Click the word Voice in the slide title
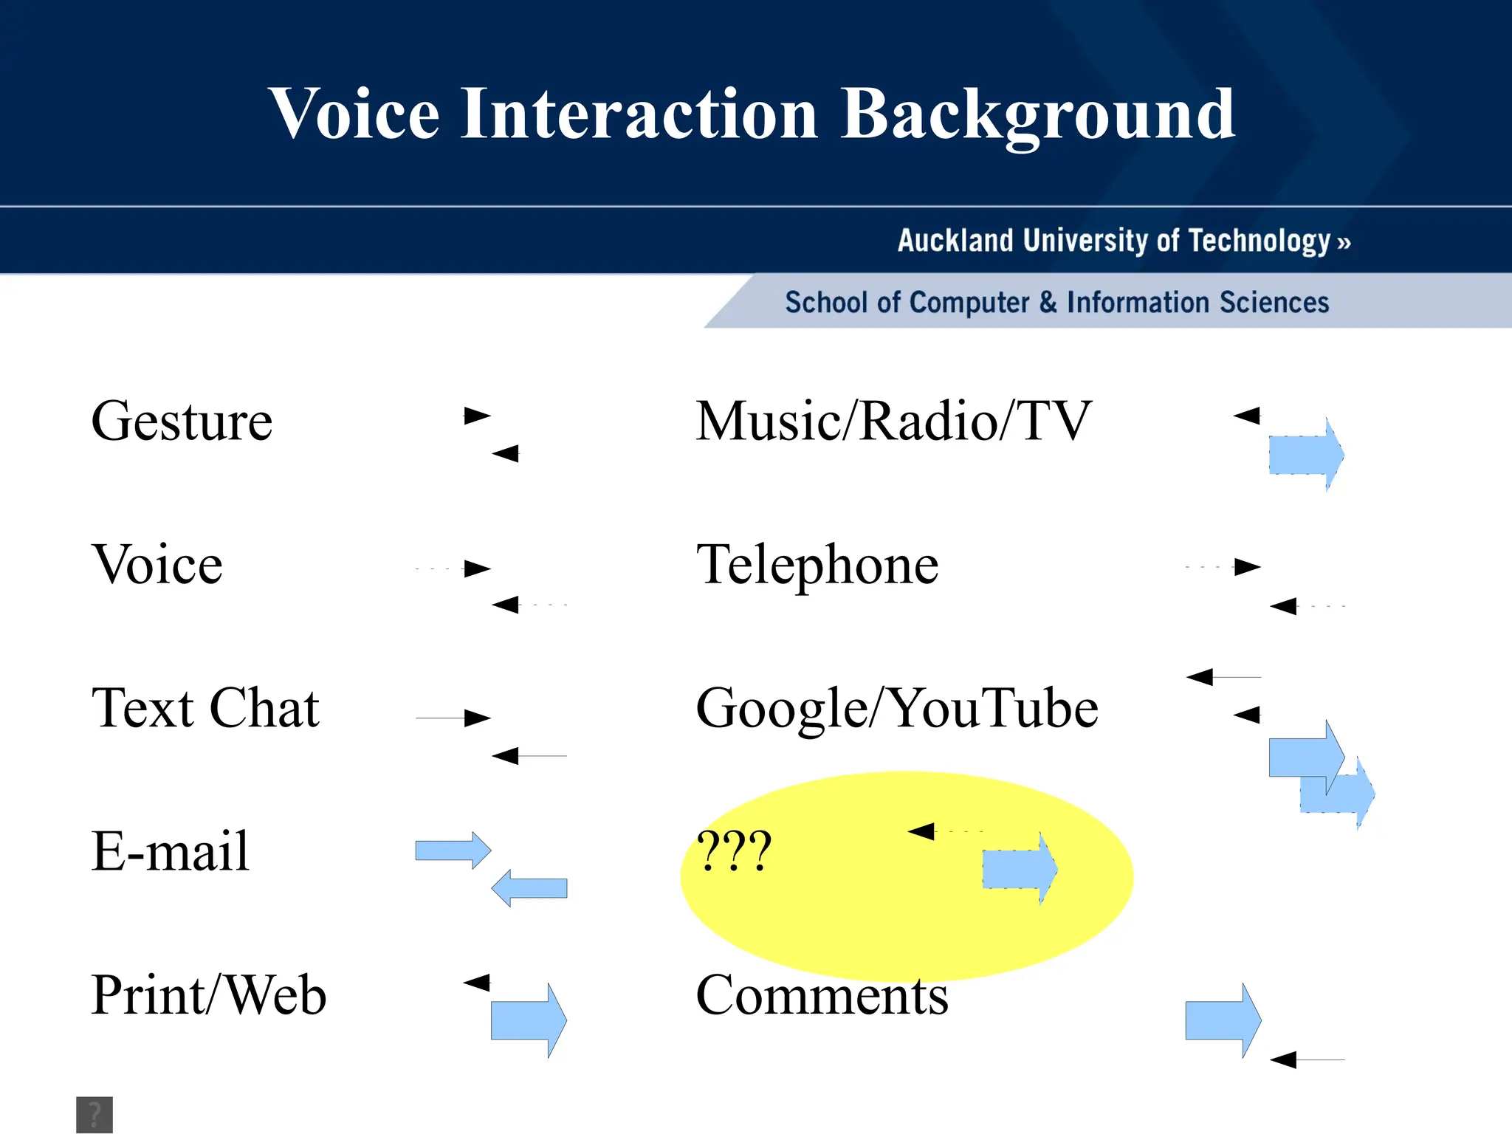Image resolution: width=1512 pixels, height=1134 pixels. tap(355, 114)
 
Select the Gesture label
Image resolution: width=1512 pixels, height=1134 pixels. tap(182, 421)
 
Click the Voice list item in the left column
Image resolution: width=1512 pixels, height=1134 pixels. tap(157, 564)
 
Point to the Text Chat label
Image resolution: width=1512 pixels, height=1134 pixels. tap(205, 707)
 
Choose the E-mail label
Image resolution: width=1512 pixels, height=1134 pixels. tap(170, 850)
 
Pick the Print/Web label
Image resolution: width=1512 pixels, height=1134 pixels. tap(208, 994)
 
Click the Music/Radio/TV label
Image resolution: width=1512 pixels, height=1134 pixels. tap(893, 421)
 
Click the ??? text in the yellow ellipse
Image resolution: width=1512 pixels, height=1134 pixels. tap(734, 850)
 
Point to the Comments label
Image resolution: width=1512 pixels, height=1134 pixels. tap(822, 995)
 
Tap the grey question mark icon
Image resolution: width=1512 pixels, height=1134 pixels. tap(94, 1114)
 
